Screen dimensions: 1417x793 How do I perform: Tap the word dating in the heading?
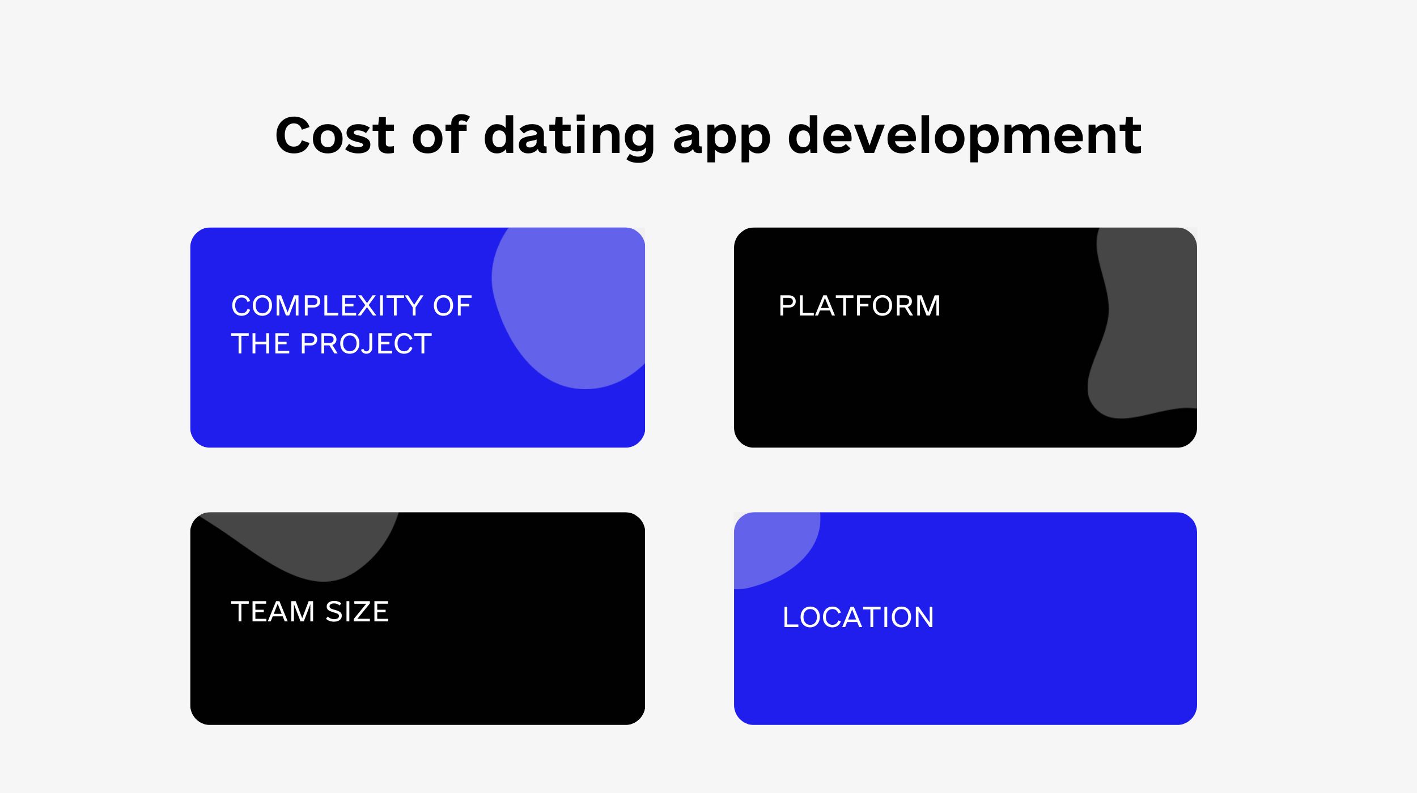570,138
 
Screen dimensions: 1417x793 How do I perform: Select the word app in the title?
722,142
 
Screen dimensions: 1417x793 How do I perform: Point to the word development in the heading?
965,138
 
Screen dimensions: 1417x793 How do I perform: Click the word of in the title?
440,134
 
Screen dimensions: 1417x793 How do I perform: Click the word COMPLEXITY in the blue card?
328,306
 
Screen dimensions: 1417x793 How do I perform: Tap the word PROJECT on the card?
366,344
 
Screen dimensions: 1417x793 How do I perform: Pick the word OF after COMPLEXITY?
452,306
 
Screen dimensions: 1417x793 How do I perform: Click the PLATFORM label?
859,306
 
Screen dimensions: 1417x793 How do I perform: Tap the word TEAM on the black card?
273,612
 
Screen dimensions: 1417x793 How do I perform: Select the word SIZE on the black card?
357,612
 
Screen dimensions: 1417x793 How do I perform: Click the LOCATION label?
858,617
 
